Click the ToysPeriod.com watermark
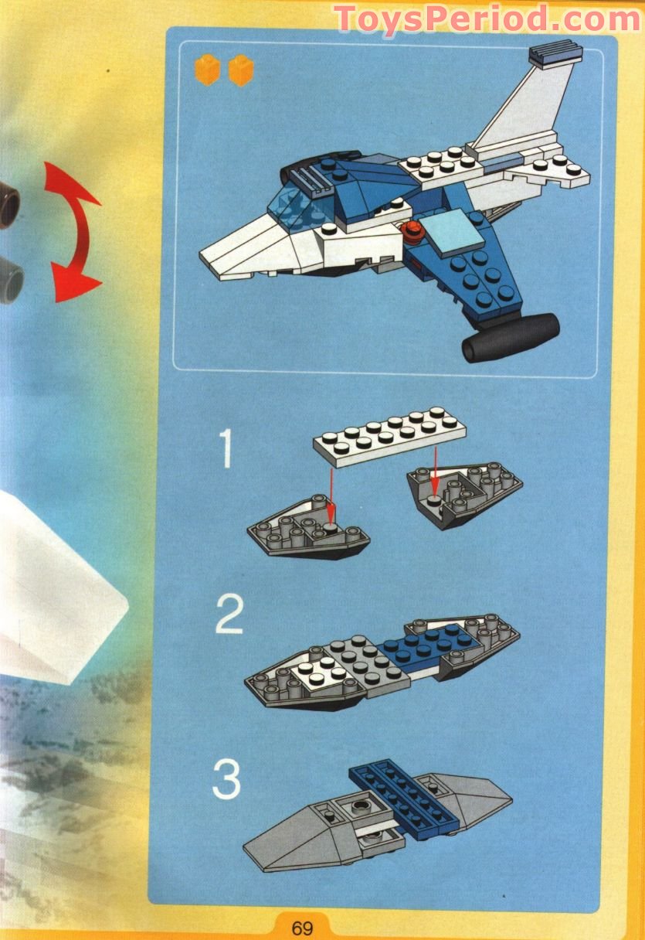[487, 19]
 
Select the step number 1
[225, 450]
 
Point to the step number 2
[229, 615]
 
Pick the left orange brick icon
[207, 70]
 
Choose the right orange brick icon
[241, 70]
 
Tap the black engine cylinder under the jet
[510, 338]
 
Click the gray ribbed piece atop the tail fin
[554, 54]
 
